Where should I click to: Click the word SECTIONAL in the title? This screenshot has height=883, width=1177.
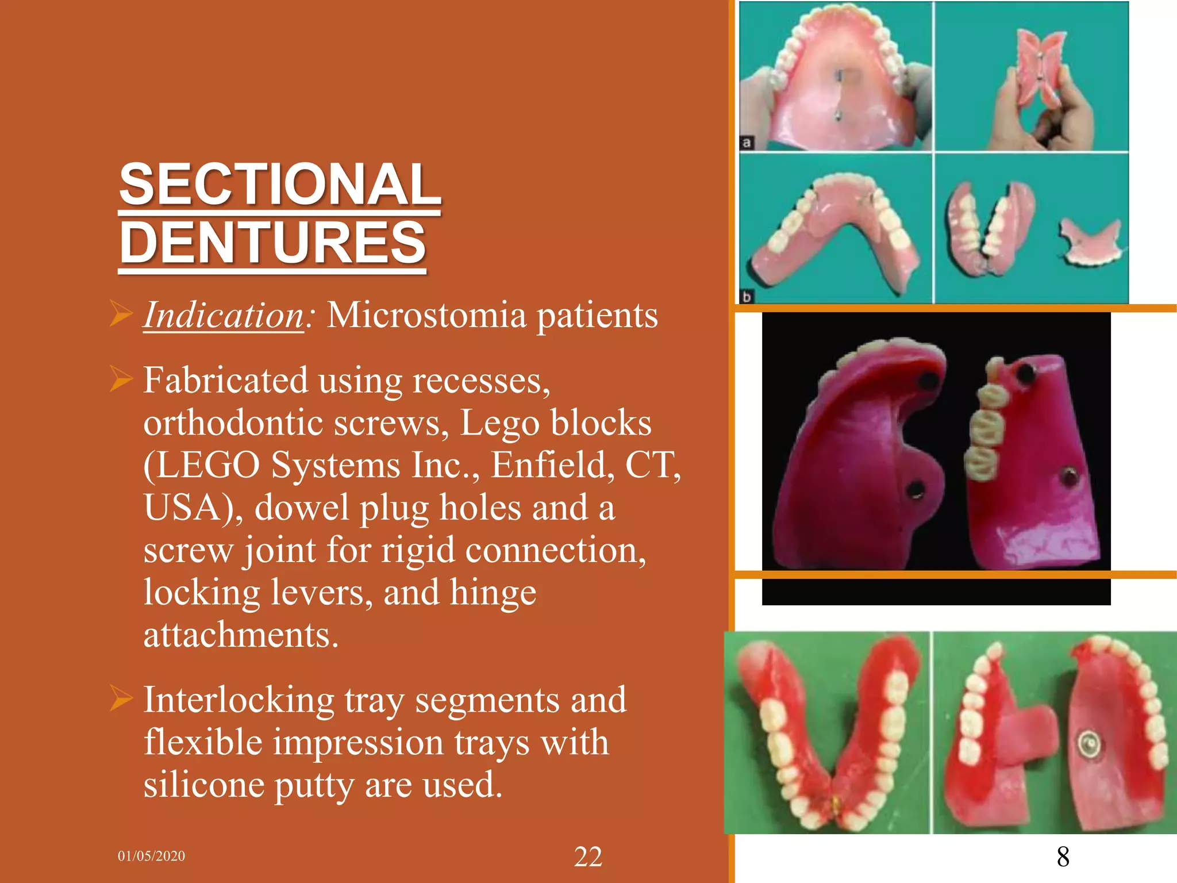click(280, 185)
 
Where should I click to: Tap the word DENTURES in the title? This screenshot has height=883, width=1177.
click(272, 243)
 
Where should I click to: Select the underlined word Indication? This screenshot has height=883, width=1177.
click(224, 316)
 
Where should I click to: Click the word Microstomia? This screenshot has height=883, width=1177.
click(426, 316)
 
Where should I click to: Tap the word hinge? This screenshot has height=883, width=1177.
click(493, 592)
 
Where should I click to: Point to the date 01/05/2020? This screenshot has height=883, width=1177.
click(151, 856)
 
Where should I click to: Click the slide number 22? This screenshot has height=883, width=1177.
click(588, 857)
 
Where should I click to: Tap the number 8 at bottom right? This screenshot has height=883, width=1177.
click(1063, 857)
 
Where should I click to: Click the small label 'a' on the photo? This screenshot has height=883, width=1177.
click(747, 143)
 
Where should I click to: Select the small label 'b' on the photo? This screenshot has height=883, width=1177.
click(747, 297)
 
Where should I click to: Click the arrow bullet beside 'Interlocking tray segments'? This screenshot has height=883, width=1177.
click(121, 699)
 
